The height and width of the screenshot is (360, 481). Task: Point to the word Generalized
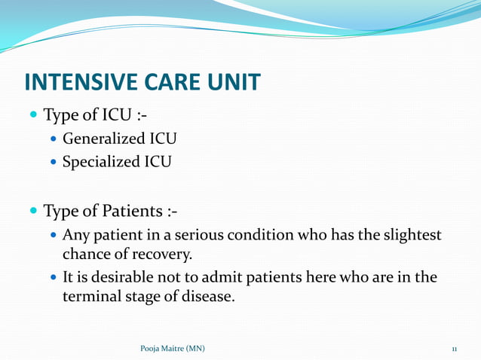pyautogui.click(x=105, y=139)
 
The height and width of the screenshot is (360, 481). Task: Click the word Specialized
pyautogui.click(x=101, y=161)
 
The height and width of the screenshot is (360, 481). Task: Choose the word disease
pyautogui.click(x=206, y=297)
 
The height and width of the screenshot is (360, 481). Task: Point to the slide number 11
pyautogui.click(x=455, y=349)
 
